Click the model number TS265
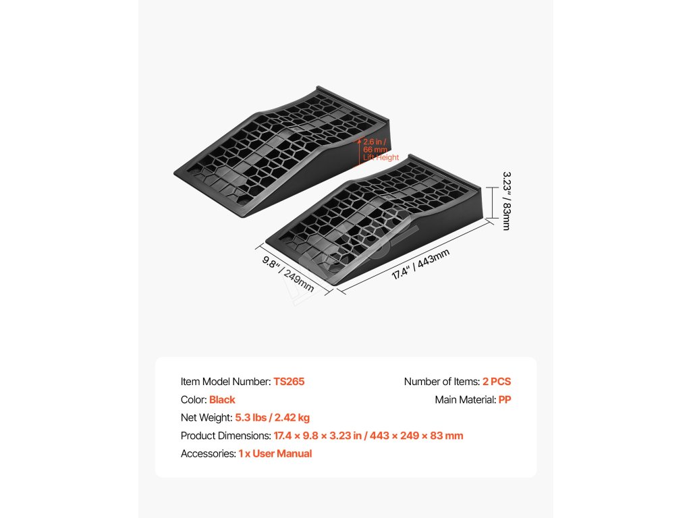(x=289, y=382)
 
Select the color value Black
(x=222, y=400)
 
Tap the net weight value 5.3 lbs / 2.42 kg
(x=273, y=418)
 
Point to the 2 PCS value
(x=497, y=382)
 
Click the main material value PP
(x=505, y=400)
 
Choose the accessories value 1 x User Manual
(x=275, y=454)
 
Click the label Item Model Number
(x=225, y=382)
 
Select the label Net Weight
(x=206, y=418)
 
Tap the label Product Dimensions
(x=226, y=436)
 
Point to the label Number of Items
(x=441, y=382)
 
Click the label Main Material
(x=465, y=400)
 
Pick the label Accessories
(x=208, y=454)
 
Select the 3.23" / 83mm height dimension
(x=506, y=200)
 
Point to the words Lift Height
(x=381, y=158)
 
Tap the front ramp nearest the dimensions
(x=378, y=216)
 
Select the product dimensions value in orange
(x=368, y=436)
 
